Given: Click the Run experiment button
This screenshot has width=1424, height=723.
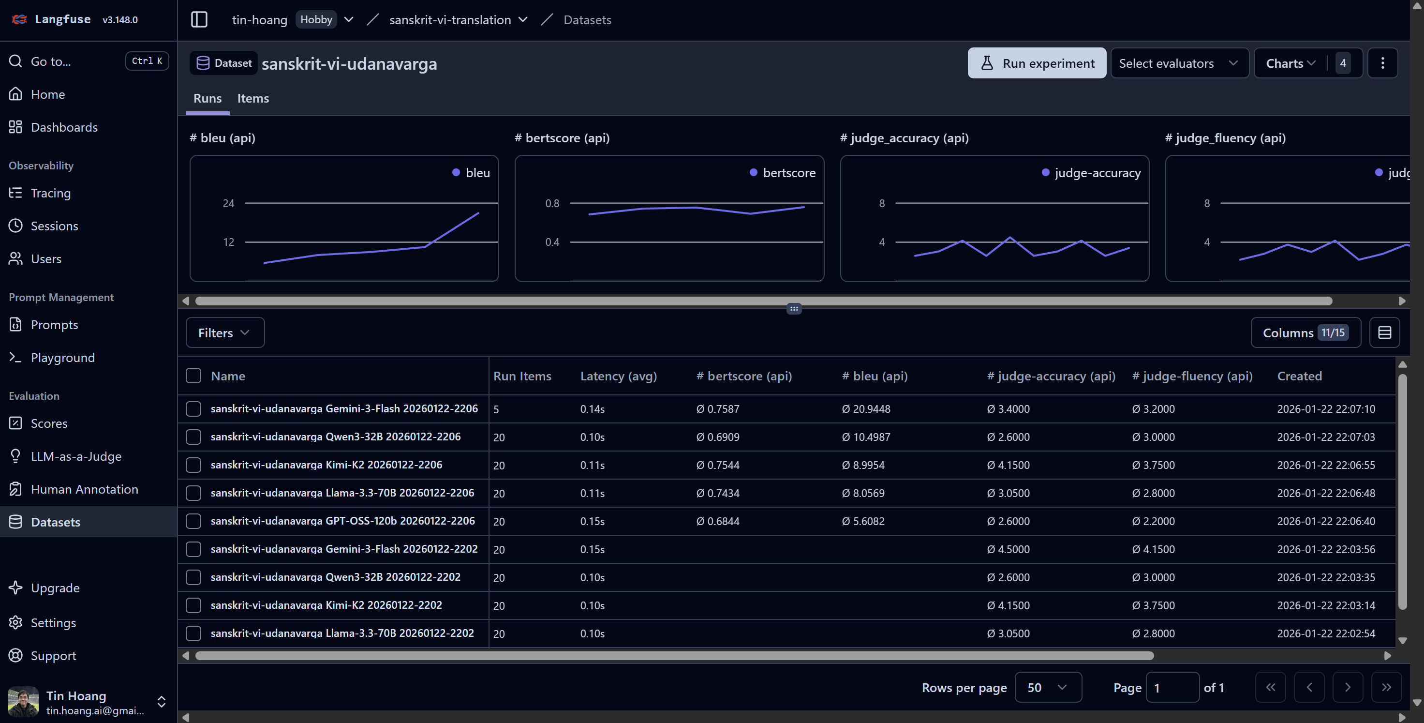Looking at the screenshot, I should pos(1037,63).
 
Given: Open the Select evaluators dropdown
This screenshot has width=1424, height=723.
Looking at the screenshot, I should pos(1179,63).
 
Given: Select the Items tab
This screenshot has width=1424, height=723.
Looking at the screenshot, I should pos(252,98).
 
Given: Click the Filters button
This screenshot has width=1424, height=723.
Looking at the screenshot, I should pos(224,332).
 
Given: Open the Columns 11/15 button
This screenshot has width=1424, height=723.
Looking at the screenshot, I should pos(1305,332).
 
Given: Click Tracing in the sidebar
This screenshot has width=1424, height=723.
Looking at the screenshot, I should pos(50,193).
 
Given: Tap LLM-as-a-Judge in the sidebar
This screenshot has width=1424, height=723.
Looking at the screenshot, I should pos(76,456).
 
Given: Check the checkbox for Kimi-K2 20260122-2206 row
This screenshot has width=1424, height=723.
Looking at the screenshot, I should pos(193,465).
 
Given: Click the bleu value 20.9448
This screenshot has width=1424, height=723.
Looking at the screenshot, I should pos(866,409).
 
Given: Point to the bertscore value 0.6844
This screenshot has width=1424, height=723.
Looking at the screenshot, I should pos(718,521).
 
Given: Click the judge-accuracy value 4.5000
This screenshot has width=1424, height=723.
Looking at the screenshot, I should pos(1009,549).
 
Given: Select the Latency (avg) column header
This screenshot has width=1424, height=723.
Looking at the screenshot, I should pos(618,376).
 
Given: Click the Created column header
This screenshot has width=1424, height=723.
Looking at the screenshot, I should pos(1299,376).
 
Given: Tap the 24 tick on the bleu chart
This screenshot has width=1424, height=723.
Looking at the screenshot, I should pos(228,203).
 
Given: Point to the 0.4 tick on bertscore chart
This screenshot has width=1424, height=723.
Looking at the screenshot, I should pos(552,242).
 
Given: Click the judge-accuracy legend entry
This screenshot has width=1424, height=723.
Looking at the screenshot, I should pos(1091,173).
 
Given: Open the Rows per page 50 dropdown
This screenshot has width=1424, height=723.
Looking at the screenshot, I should pos(1048,688).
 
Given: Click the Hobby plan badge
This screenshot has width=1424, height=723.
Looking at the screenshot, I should pos(316,19).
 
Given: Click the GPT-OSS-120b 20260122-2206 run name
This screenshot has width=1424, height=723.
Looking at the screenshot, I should pos(342,521).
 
